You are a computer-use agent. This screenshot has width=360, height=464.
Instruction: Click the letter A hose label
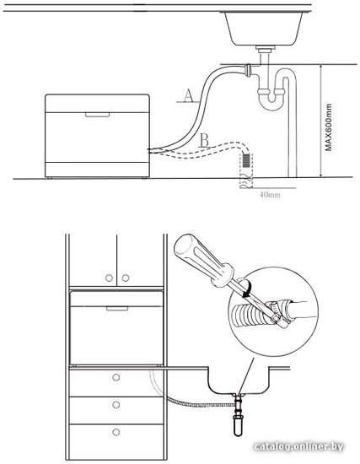188,95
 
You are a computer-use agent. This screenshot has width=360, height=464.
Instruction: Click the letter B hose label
204,140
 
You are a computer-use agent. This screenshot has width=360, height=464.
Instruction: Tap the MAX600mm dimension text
328,127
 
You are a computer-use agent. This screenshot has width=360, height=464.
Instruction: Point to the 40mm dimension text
270,195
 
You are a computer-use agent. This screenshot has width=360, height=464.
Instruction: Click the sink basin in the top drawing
264,29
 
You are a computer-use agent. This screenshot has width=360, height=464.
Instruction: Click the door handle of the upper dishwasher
97,115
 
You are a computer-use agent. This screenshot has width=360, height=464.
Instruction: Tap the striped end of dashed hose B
247,160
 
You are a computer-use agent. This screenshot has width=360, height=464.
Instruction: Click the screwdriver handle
204,261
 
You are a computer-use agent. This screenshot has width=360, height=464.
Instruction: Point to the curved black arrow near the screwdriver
246,289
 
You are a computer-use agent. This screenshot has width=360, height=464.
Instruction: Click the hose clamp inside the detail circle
276,314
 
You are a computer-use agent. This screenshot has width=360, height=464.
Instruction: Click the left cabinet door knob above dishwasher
109,278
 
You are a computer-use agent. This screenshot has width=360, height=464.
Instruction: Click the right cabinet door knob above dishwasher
126,278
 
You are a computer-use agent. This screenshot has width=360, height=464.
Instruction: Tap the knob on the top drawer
116,377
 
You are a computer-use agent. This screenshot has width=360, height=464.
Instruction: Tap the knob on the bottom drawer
116,432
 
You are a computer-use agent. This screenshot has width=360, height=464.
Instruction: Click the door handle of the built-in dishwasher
117,309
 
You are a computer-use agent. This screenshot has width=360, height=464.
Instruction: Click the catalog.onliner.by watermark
298,446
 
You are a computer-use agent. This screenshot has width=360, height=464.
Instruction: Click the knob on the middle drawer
116,404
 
